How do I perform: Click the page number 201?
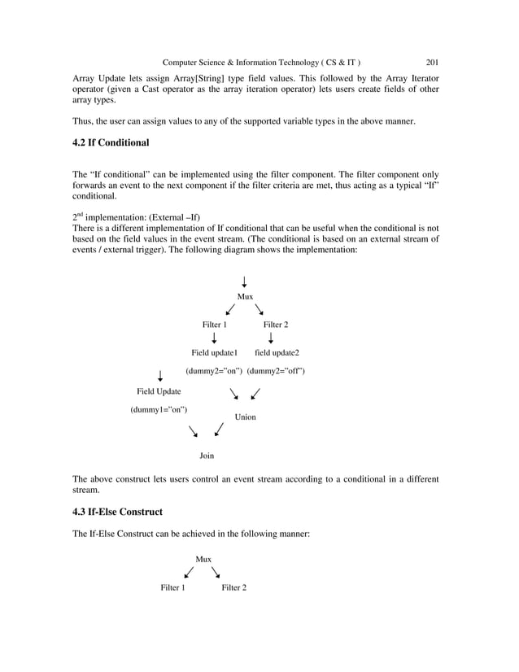[432, 62]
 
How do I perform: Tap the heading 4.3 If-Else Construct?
[117, 512]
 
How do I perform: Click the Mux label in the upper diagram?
[244, 297]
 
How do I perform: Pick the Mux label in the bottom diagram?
[203, 559]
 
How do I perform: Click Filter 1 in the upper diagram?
[215, 325]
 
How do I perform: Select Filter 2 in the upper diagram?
[277, 325]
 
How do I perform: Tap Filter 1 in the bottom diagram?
[172, 587]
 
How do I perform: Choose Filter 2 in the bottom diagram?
[234, 587]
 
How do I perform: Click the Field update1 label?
[214, 353]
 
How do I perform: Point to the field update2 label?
[277, 353]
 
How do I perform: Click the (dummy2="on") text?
[214, 371]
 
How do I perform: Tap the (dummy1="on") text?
[159, 409]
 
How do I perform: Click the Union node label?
[245, 417]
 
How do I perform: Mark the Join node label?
[207, 456]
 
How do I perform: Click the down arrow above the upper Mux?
[244, 282]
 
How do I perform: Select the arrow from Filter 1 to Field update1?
[214, 338]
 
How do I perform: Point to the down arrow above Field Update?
[160, 375]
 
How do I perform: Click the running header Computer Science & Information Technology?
[262, 62]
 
